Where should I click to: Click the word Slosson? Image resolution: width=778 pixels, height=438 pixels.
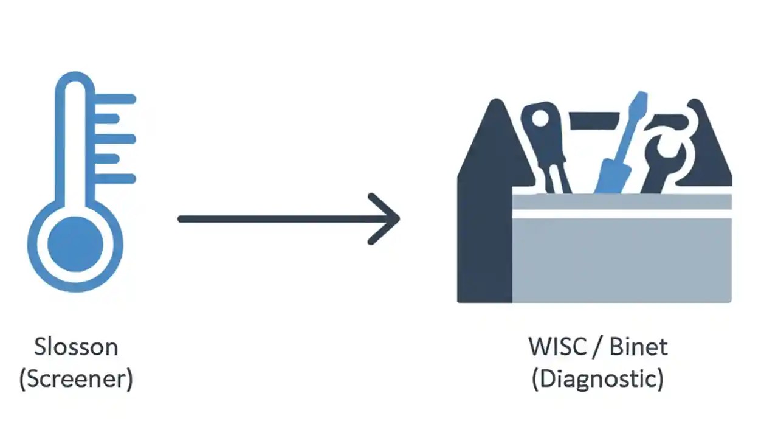pyautogui.click(x=76, y=347)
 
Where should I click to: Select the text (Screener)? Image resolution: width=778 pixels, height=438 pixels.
pyautogui.click(x=76, y=379)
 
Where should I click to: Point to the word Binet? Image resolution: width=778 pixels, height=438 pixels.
pyautogui.click(x=638, y=347)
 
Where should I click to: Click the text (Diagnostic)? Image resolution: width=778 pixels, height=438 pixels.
pyautogui.click(x=597, y=379)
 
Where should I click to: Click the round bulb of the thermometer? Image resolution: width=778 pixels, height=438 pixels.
pyautogui.click(x=75, y=245)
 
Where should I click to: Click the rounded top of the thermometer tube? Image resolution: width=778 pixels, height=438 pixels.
pyautogui.click(x=75, y=82)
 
